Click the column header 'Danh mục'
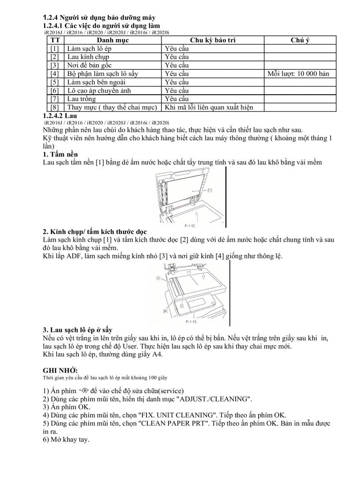tap(112, 41)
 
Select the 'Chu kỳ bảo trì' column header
tap(213, 41)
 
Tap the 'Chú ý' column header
tap(300, 41)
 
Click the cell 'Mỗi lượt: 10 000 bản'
tap(298, 74)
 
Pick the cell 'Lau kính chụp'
tap(88, 57)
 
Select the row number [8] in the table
tap(55, 107)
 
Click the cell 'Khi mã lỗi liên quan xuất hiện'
tap(209, 107)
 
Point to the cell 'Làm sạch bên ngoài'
tap(97, 82)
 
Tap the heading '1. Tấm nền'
tap(60, 154)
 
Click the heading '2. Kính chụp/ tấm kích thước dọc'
tap(95, 232)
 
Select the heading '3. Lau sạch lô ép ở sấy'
tap(80, 330)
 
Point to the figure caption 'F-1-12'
tap(190, 225)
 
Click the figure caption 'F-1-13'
tap(191, 321)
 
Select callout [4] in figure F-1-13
tap(165, 311)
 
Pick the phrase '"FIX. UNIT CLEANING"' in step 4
tap(176, 415)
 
